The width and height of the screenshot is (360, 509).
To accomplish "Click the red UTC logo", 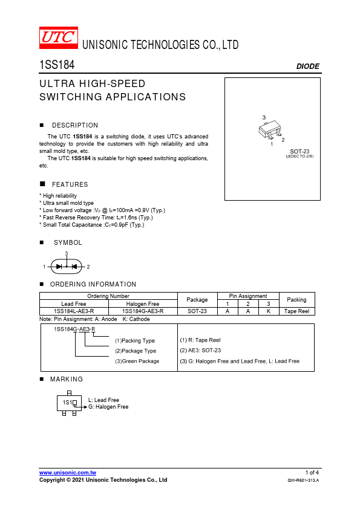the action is pos(59,37).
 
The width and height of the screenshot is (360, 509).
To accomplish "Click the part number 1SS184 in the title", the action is pos(57,65).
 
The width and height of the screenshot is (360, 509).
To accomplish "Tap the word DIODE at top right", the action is pos(308,66).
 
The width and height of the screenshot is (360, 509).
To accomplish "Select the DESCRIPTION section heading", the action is pos(75,125).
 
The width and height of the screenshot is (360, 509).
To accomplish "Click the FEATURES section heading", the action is pos(70,184).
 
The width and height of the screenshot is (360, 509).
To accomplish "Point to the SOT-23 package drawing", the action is pos(270,129).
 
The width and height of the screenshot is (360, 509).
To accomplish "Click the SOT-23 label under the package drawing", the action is pos(299,152).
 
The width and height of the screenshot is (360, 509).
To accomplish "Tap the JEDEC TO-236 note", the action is pos(299,157).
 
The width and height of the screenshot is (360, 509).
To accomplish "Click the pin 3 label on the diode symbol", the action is pos(67,253).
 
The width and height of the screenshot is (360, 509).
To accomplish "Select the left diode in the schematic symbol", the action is pos(59,267).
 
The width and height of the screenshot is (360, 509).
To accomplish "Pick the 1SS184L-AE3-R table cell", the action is pos(74,311).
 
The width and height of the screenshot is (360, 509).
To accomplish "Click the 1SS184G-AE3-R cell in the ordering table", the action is pos(143,311).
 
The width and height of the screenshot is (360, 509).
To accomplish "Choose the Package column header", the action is pos(197,300).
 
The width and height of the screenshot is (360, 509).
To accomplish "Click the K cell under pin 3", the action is pos(269,311).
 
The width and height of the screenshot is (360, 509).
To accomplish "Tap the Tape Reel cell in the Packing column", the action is pos(296,311).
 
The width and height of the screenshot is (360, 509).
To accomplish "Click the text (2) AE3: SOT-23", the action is pos(200,351).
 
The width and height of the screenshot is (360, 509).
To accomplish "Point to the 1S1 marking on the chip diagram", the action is pos(67,403).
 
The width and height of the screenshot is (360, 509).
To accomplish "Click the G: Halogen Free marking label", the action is pos(108,407).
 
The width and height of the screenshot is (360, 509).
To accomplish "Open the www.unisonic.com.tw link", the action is pos(68,473).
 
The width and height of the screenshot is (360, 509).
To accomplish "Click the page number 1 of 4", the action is pos(312,473).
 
